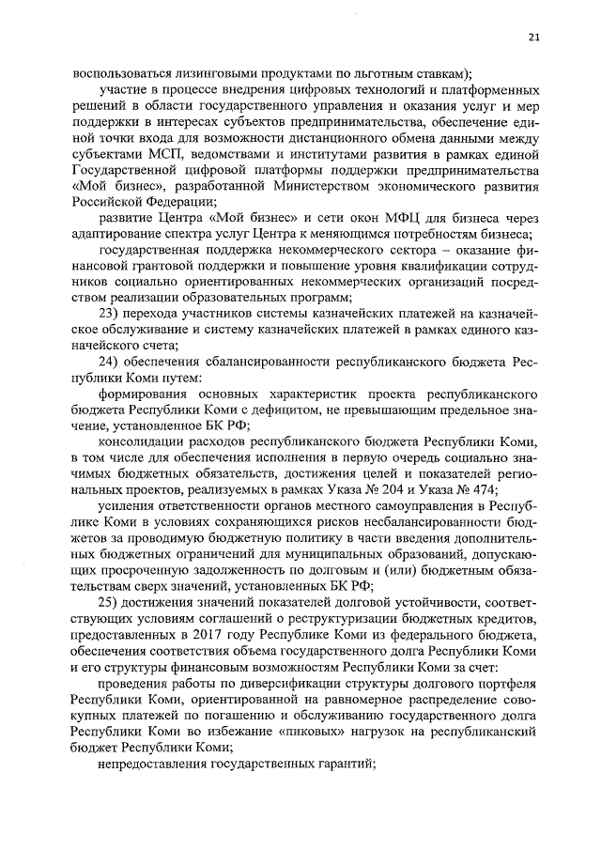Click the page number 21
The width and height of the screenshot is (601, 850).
533,37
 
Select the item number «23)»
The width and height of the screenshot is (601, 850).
112,314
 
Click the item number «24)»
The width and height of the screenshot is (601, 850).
112,362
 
